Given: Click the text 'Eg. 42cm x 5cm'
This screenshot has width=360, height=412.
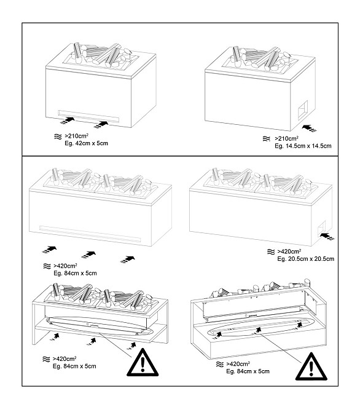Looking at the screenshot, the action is click(x=86, y=143).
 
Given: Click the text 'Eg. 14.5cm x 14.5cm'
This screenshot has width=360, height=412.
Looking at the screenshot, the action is click(x=303, y=146).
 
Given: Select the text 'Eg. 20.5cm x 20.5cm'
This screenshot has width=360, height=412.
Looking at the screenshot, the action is click(x=306, y=259).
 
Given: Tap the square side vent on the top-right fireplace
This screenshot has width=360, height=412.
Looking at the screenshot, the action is click(x=303, y=110).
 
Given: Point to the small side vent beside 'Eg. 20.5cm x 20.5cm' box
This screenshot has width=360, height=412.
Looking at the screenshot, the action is click(x=321, y=228).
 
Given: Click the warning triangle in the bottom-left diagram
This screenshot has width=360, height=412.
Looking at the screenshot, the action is click(x=143, y=362).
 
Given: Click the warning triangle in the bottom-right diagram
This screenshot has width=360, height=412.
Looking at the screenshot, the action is click(x=311, y=366).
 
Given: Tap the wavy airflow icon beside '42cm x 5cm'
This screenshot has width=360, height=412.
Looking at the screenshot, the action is click(x=58, y=137).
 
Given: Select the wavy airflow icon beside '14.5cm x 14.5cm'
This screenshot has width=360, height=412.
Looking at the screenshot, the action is click(x=267, y=139).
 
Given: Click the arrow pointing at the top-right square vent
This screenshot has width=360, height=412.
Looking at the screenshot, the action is click(x=310, y=129).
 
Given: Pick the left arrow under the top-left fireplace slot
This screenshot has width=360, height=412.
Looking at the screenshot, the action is click(x=67, y=121).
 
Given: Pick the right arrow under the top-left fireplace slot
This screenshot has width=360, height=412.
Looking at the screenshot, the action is click(x=101, y=125).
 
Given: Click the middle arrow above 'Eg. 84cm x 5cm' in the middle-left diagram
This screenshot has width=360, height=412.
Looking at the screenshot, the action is click(x=88, y=255).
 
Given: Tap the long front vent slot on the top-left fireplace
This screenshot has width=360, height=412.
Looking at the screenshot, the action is click(x=88, y=116).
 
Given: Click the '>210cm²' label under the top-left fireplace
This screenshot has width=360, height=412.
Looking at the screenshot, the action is click(x=76, y=137).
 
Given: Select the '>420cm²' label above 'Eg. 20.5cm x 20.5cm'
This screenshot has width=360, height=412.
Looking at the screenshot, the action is click(x=289, y=252).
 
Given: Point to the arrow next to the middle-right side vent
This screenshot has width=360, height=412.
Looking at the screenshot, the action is click(x=327, y=236).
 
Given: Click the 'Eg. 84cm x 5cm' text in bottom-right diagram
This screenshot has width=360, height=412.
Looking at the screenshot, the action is click(x=248, y=371).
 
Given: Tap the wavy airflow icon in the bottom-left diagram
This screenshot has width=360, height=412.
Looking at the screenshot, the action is click(x=46, y=359).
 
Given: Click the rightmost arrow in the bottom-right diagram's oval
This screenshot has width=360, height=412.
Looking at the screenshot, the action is click(x=299, y=325).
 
